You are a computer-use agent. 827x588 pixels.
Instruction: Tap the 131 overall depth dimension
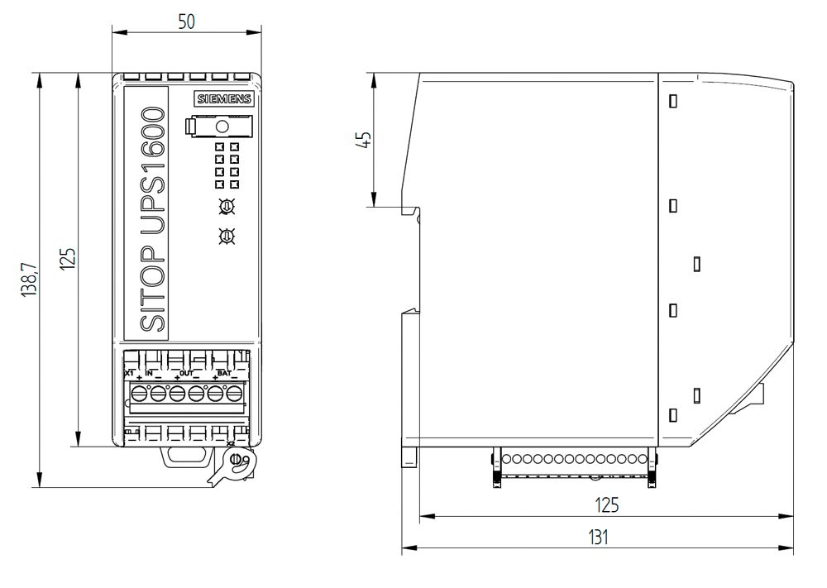(598, 537)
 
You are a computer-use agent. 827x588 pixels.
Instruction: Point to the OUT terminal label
(186, 374)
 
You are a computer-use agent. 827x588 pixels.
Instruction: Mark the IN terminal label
(150, 374)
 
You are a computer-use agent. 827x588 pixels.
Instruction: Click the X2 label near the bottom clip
(232, 444)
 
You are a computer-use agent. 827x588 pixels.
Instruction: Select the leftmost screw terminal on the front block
(138, 393)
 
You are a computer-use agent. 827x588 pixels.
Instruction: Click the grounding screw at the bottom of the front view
(236, 459)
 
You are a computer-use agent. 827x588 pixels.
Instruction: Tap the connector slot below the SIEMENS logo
(219, 127)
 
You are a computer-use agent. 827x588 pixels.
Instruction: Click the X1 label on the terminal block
(129, 374)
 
